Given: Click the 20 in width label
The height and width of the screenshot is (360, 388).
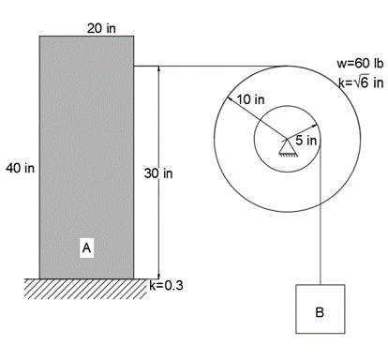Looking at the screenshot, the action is click(x=101, y=29).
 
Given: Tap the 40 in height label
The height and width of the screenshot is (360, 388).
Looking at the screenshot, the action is click(x=20, y=168).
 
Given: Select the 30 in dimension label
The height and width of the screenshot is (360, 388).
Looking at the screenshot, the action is click(x=158, y=173).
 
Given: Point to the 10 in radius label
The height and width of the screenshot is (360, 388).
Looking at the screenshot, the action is click(x=250, y=99).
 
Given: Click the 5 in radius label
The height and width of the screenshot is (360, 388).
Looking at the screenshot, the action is click(x=306, y=141).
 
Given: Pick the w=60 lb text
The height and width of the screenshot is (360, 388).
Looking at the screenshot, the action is click(x=360, y=64).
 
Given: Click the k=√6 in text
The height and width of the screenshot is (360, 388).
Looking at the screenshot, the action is click(x=361, y=82).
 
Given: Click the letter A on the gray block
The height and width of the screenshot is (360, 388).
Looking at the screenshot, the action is click(x=87, y=248).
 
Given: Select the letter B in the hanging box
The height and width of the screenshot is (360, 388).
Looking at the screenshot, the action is click(x=320, y=312).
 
